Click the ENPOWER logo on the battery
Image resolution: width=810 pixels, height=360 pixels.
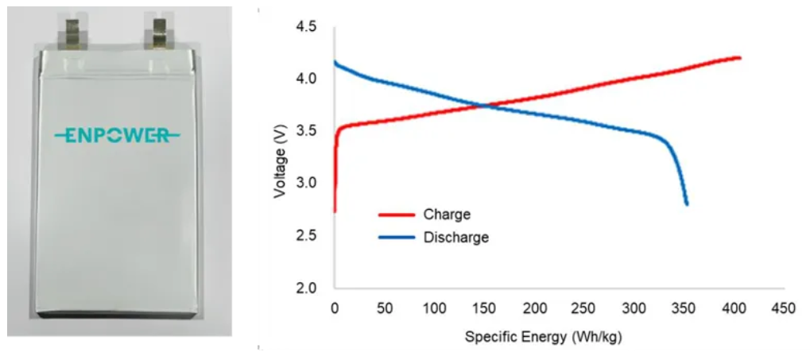coord(118,136)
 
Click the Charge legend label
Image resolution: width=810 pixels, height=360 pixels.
coord(447,215)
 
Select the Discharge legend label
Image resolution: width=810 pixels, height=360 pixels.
coord(456,237)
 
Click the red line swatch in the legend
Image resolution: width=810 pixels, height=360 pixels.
coord(395,215)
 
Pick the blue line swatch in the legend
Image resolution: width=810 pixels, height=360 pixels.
coord(395,237)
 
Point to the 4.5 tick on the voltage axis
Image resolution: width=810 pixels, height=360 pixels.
coord(305,27)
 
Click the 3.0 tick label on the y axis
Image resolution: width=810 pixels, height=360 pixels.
coord(305,183)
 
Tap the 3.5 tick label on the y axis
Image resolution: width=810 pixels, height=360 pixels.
coord(305,131)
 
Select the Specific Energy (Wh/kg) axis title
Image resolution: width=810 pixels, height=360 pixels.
coord(544,337)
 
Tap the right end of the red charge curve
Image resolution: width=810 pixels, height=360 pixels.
coord(739,57)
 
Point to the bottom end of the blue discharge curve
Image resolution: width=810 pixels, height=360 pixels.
coord(686,204)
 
